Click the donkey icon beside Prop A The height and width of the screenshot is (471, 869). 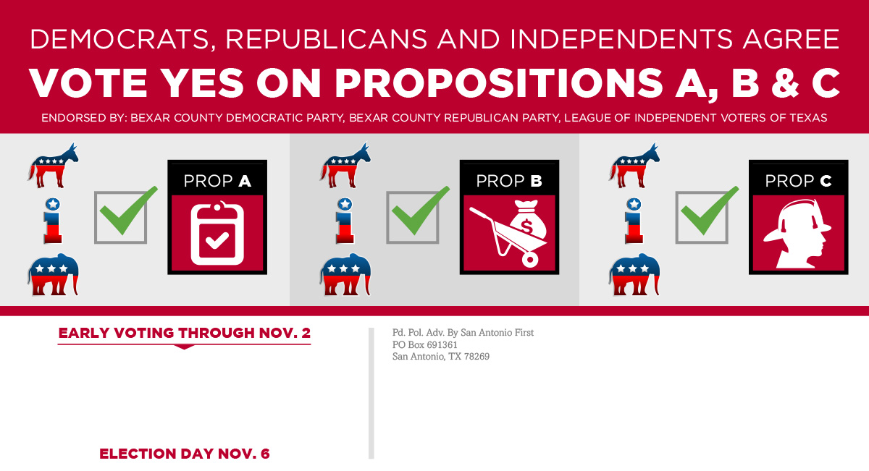(53, 166)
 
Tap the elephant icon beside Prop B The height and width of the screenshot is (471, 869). (345, 274)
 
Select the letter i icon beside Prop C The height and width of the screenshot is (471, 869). (634, 221)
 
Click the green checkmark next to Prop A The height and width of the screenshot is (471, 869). (128, 211)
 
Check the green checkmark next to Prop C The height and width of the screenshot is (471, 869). (710, 211)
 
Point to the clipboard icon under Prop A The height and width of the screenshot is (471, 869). (217, 233)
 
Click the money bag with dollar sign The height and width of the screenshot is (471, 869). (528, 220)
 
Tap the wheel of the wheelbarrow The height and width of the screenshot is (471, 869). (529, 259)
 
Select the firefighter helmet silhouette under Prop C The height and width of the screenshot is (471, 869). (797, 234)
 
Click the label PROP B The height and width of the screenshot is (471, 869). (509, 181)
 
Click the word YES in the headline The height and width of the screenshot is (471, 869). (202, 83)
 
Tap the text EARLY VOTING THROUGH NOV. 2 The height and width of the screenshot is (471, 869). (184, 333)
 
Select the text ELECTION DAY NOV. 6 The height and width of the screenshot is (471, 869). (184, 454)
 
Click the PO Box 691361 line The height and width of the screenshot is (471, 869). (425, 344)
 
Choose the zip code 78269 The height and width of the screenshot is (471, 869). (477, 356)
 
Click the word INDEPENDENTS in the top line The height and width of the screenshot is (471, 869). (621, 40)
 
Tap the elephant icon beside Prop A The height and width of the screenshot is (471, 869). (53, 274)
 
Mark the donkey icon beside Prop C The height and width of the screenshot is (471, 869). (634, 166)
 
